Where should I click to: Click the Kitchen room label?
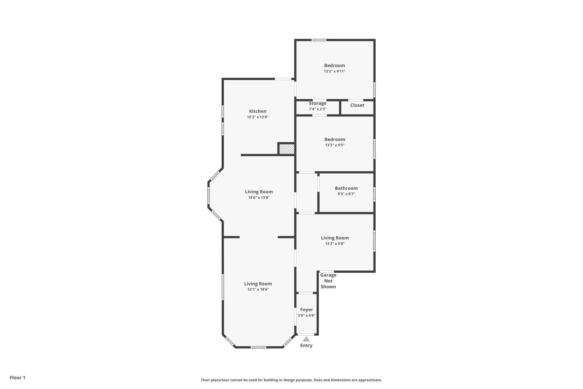(x=258, y=111)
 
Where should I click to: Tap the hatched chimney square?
(x=286, y=149)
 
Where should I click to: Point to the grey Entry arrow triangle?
(x=306, y=339)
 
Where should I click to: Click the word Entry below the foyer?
(x=306, y=345)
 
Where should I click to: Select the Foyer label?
(x=306, y=309)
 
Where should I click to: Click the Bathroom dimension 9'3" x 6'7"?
(x=346, y=194)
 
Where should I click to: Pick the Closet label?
(x=357, y=105)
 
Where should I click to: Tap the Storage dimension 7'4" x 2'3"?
(x=317, y=109)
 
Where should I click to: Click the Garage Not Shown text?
(x=328, y=281)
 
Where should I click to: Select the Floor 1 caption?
(x=17, y=378)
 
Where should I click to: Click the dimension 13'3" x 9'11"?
(x=334, y=71)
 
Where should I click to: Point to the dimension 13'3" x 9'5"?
(x=335, y=145)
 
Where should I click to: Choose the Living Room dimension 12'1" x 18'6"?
(x=258, y=290)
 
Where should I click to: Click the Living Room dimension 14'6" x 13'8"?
(x=259, y=197)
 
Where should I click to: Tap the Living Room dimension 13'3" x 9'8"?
(x=335, y=243)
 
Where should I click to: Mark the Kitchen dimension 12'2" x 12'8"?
(x=258, y=117)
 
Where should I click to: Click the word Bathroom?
(x=346, y=188)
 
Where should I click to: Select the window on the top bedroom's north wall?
(x=319, y=40)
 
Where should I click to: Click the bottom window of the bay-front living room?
(x=258, y=347)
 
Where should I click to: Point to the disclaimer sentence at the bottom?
(x=291, y=380)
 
